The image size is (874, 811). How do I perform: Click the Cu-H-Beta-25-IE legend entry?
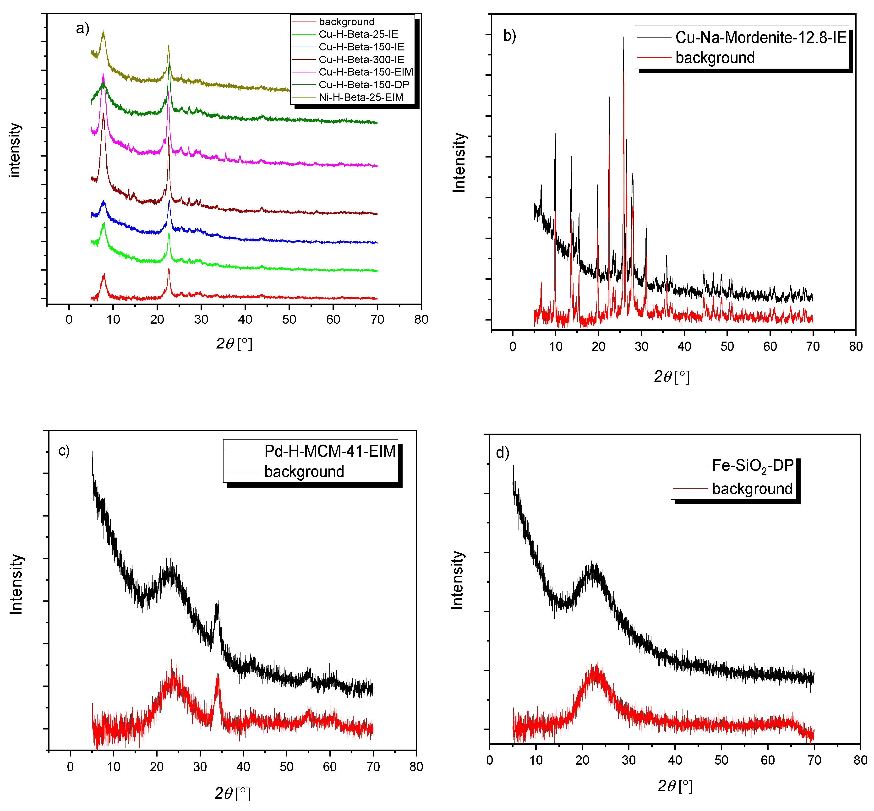(x=358, y=34)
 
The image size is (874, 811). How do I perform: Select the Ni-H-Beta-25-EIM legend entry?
(x=361, y=98)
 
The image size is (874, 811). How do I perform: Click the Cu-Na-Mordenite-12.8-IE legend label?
(x=760, y=38)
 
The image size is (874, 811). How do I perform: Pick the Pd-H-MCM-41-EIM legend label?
(x=330, y=451)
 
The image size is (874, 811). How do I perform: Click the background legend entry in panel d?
(x=752, y=489)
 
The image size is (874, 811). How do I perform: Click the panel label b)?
(x=509, y=36)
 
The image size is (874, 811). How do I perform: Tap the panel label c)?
(x=64, y=451)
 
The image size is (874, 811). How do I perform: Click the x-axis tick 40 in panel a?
(x=245, y=320)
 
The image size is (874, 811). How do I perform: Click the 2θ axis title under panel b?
(x=672, y=376)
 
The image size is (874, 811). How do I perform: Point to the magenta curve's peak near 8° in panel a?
(x=103, y=75)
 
